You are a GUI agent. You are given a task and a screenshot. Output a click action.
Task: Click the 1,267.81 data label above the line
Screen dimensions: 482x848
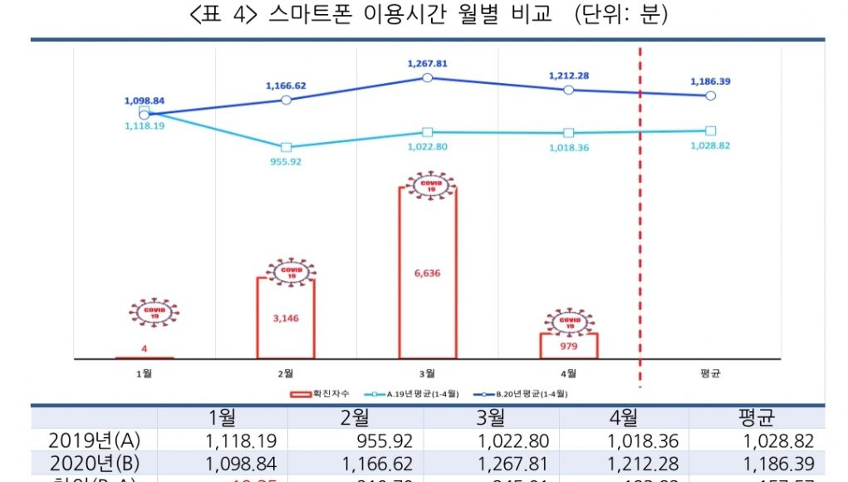point(427,63)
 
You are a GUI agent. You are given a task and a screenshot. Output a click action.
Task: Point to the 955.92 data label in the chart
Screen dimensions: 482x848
point(286,161)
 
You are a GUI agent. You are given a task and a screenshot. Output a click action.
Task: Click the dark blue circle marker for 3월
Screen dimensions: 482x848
point(427,77)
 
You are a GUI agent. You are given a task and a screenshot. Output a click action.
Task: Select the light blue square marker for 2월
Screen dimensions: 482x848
point(286,147)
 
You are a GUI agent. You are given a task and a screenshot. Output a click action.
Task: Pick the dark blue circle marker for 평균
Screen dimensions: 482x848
point(710,96)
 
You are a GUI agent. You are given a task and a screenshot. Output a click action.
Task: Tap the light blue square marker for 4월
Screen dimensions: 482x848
point(568,133)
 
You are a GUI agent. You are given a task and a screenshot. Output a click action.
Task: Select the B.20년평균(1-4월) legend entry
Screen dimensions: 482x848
point(523,393)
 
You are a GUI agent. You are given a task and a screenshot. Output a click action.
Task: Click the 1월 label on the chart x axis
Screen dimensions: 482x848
point(144,373)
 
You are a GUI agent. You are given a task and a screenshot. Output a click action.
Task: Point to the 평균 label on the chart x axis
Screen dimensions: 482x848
point(710,373)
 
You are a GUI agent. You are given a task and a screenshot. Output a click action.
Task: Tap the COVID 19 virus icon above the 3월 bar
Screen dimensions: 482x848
point(429,186)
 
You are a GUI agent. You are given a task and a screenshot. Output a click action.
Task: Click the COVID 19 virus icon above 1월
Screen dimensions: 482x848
point(154,313)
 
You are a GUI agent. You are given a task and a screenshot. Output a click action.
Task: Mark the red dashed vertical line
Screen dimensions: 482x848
point(640,249)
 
